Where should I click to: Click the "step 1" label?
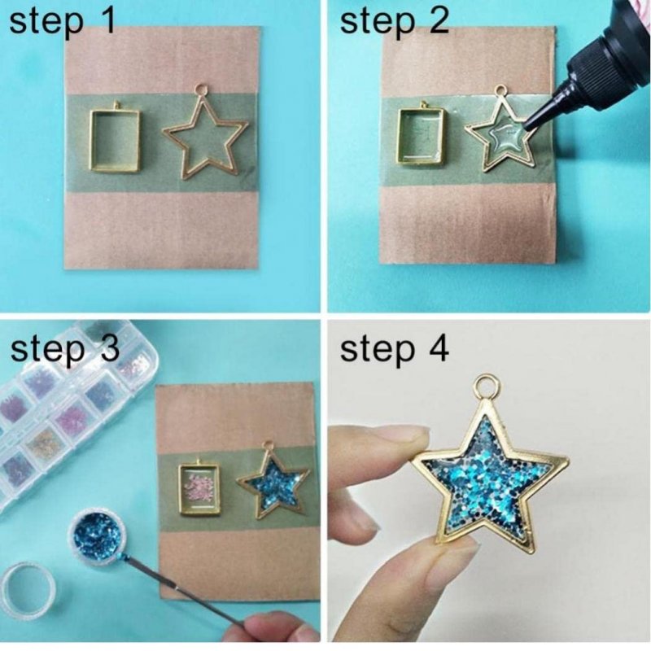(63, 22)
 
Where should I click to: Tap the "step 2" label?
(395, 22)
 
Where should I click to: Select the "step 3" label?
(65, 349)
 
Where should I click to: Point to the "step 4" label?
(395, 349)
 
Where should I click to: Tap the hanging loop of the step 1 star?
(202, 90)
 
